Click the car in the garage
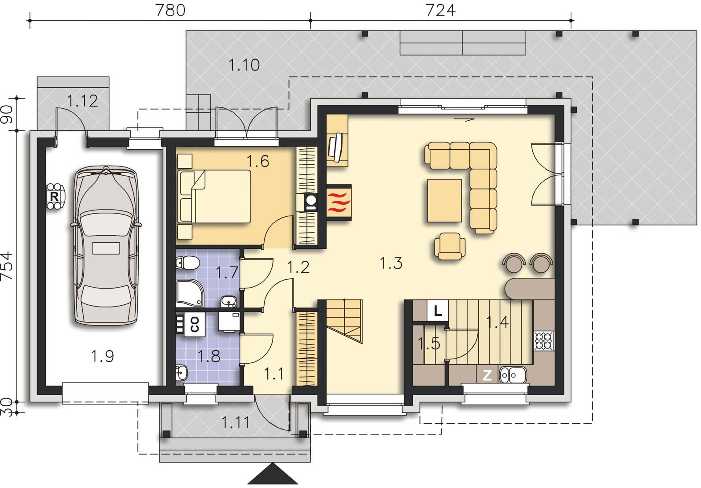pos(106,246)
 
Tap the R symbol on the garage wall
pos(54,196)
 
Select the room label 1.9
pos(102,356)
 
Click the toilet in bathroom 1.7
pos(188,262)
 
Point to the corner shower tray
pos(189,293)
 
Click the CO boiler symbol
pos(194,324)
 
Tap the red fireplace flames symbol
pos(339,203)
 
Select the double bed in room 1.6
pos(214,196)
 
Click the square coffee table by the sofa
pos(444,200)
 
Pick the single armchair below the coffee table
pos(450,246)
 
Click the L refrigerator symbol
pos(438,311)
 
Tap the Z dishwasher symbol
pos(487,375)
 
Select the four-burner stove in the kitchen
pos(544,341)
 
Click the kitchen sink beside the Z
pos(513,374)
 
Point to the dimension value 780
pos(170,10)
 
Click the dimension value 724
pos(440,10)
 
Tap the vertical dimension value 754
pos(7,266)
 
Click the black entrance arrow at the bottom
pos(273,474)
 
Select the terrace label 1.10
pos(244,65)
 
